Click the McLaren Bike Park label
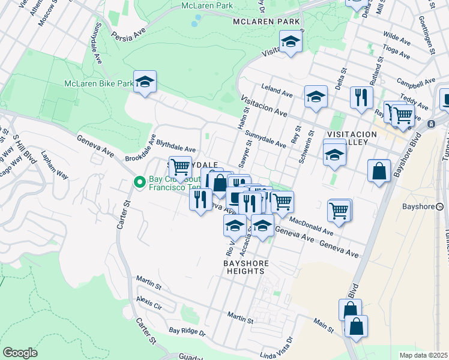[x=98, y=84]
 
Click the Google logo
[x=20, y=353]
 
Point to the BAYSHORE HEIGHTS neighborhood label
[x=244, y=267]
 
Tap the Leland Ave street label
[x=277, y=91]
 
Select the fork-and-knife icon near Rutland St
[x=361, y=97]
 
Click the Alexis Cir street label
[x=149, y=301]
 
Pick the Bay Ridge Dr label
[x=187, y=331]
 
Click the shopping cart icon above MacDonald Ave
[x=339, y=211]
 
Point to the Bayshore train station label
[x=418, y=206]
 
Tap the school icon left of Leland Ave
[x=316, y=97]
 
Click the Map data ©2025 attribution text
[x=423, y=355]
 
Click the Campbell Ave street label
[x=416, y=81]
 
